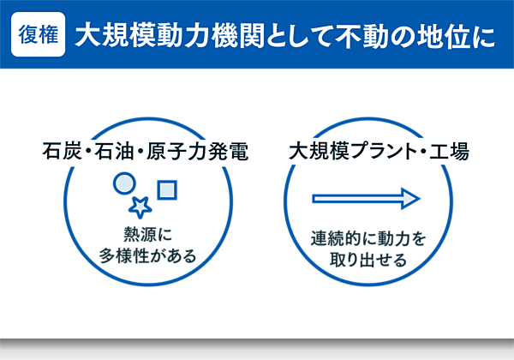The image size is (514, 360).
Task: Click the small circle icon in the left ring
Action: point(125,183)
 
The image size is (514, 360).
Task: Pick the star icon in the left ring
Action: point(140,207)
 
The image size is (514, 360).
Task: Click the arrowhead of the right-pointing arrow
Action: point(413,199)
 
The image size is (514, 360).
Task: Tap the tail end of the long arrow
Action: point(315,199)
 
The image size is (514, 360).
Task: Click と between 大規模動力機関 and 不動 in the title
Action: point(261,36)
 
